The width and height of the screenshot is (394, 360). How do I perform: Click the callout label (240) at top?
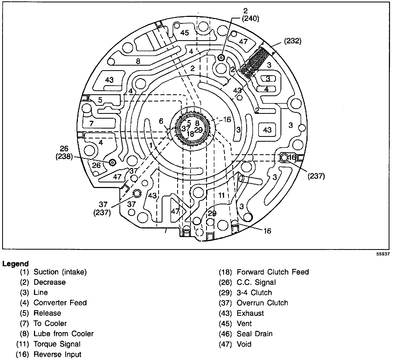tap(251, 19)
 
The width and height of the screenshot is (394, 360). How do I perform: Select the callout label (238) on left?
tap(64, 157)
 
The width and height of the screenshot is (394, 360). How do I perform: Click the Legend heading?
tap(15, 264)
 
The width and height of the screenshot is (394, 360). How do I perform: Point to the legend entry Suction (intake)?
tap(60, 272)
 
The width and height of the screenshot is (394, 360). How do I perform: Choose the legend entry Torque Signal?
tap(57, 344)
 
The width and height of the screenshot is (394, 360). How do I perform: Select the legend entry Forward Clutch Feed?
tap(272, 272)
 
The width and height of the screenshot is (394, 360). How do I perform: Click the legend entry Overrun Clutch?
tap(262, 303)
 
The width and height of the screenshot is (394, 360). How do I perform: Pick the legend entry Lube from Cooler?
tap(63, 334)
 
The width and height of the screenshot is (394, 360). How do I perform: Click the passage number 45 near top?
tap(184, 33)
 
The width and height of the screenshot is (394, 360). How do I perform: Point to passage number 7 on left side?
tap(92, 124)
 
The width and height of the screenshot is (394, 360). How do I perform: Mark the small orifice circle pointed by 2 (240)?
tap(221, 57)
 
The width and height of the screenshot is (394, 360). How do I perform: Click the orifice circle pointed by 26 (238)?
tap(112, 162)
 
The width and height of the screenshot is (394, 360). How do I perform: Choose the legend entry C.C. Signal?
tap(256, 282)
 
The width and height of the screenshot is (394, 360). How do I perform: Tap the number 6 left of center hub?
tap(161, 121)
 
